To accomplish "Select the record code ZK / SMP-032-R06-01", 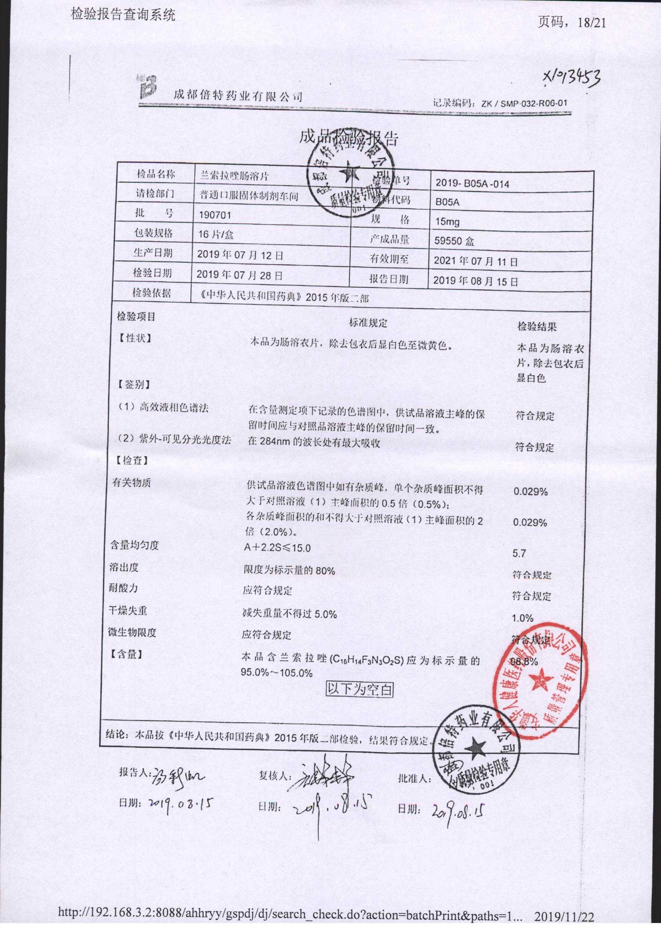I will point(524,104).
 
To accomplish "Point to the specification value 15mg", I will point(447,222).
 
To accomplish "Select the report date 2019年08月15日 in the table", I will point(475,281).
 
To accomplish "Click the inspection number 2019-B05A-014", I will point(472,183).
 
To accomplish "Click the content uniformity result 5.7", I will point(520,553).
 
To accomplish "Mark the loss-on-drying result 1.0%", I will point(522,618).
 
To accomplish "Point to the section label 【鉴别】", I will point(133,384).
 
